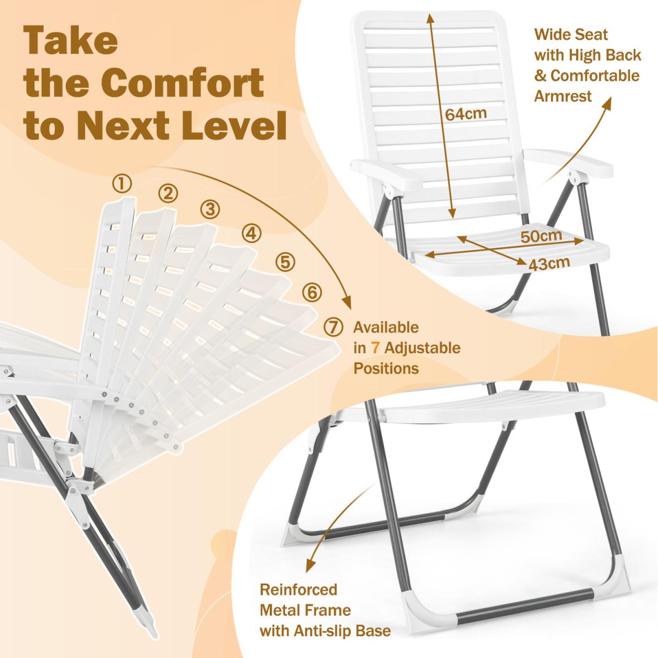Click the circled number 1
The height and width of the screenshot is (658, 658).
(122, 184)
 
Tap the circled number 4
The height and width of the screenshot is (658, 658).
(251, 234)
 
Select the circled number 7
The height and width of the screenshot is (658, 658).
(333, 327)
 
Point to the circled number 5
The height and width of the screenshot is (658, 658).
(286, 262)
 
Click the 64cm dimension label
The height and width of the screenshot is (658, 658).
(466, 114)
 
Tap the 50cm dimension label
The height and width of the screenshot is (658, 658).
(541, 236)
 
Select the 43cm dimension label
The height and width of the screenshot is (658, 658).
(549, 264)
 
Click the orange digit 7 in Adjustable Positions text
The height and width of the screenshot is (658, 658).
(375, 348)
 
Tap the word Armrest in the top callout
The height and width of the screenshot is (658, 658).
(563, 96)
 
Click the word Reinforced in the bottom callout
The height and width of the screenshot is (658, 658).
(298, 589)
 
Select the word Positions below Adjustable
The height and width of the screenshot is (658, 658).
(386, 369)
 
